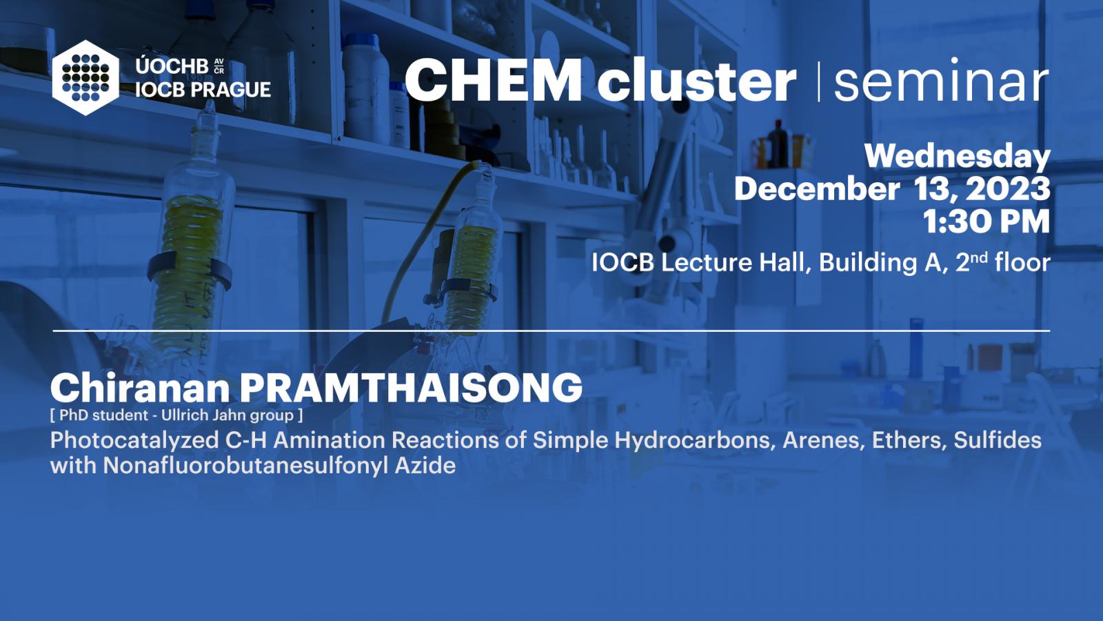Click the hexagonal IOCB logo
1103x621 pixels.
85,78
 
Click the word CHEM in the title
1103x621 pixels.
493,80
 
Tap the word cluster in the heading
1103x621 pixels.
696,79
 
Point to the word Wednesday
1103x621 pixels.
958,157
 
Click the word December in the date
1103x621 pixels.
817,188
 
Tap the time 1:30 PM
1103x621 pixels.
986,221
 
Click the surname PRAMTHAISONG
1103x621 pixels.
411,388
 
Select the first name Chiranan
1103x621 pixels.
141,388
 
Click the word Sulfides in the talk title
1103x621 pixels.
998,440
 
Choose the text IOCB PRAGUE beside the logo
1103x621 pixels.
203,90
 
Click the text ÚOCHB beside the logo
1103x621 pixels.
172,66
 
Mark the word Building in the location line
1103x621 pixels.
868,263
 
